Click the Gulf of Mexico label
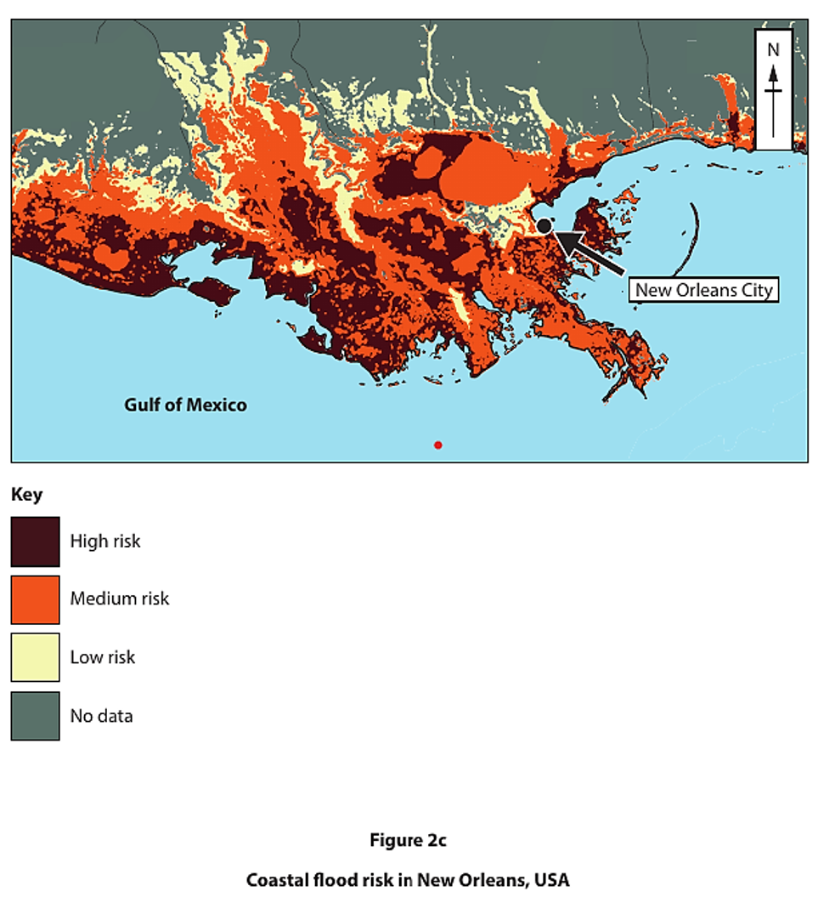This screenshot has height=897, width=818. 185,405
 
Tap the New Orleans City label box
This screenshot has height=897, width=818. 704,290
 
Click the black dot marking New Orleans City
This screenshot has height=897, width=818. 544,225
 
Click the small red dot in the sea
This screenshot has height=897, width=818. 437,445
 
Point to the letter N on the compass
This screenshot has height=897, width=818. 773,50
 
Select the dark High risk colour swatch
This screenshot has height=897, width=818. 35,541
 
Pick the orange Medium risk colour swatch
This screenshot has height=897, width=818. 35,599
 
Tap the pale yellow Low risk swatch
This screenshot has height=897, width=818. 35,657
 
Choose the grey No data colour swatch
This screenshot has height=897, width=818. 35,715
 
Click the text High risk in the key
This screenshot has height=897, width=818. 105,541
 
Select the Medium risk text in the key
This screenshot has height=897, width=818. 120,599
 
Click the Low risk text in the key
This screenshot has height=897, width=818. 103,657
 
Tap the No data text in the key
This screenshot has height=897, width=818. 101,716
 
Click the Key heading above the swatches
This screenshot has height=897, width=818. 26,494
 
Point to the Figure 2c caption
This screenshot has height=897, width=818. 408,840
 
